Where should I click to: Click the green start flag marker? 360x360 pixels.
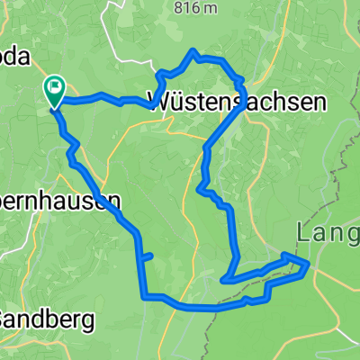[x=54, y=90]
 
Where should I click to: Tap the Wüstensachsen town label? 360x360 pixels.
[x=243, y=103]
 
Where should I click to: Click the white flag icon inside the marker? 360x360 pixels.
[x=55, y=87]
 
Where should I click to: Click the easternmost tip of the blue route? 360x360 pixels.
[x=310, y=264]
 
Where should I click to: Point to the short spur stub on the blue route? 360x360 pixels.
[x=149, y=256]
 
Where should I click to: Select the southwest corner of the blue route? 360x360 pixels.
[x=144, y=295]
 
